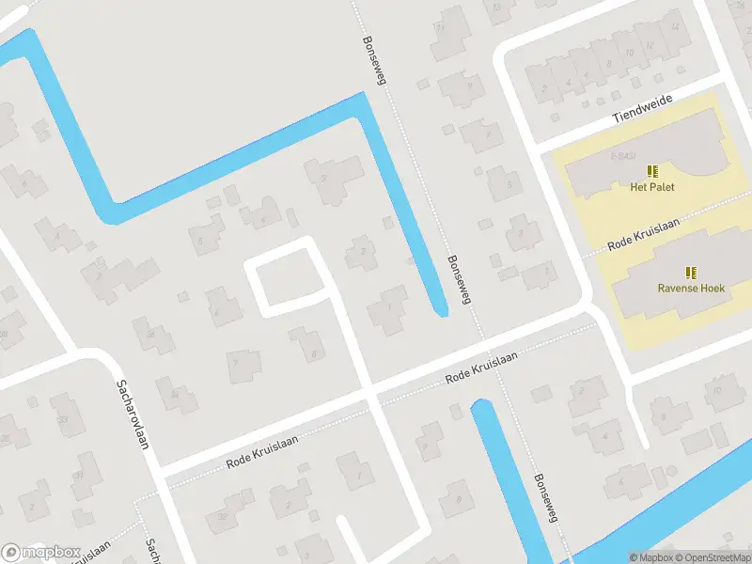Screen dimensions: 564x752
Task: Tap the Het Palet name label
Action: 652,187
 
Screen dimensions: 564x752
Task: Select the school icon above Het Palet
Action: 652,172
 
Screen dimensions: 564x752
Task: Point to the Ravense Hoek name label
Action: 691,289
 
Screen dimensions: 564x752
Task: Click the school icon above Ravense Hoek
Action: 691,273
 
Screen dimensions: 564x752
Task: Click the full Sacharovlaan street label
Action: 133,414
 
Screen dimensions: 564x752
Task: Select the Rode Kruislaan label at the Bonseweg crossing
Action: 482,366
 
